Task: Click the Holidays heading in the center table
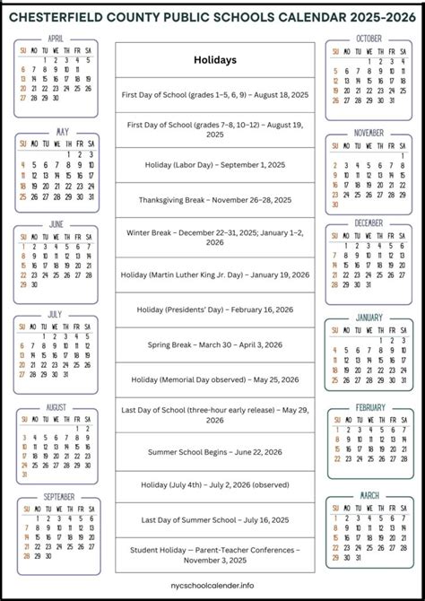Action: tap(214, 60)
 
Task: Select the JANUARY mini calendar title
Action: tap(369, 317)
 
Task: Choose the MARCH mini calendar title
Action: tap(369, 495)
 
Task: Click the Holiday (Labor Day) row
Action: tap(214, 165)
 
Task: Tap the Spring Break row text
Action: tap(214, 344)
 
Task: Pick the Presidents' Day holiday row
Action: tap(214, 309)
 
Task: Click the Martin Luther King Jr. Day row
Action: tap(214, 274)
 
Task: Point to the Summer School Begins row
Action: tap(214, 451)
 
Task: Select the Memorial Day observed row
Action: tap(214, 379)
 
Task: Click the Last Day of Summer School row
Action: tap(214, 520)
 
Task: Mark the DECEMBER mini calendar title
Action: tap(369, 223)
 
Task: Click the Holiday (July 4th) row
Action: tap(214, 486)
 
